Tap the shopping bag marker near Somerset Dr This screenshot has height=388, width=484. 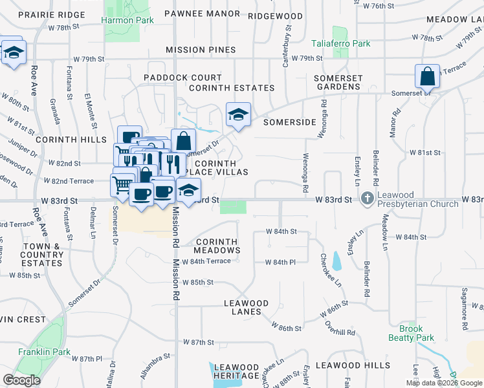(x=428, y=78)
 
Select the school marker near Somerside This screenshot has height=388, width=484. (x=238, y=114)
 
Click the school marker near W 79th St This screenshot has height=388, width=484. (x=13, y=52)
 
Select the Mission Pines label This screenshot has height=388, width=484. (x=201, y=50)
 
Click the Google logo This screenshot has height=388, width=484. (x=21, y=380)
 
